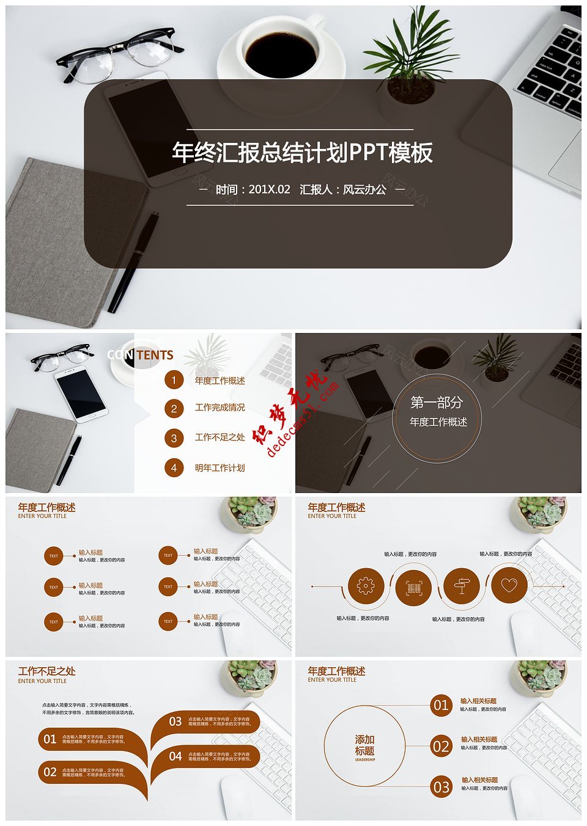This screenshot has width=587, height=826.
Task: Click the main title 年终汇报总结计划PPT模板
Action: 302,153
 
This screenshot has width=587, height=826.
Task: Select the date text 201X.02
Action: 269,189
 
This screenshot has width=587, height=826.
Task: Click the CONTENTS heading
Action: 140,355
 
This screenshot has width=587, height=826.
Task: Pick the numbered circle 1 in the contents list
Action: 174,381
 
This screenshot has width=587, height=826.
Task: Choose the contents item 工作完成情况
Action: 220,408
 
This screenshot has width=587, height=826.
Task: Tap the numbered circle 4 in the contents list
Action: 174,468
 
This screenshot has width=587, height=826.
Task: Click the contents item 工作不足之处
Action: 220,437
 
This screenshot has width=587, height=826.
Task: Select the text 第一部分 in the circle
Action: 437,403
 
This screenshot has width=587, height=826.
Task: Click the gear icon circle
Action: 366,587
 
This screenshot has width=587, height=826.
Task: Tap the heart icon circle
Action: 509,585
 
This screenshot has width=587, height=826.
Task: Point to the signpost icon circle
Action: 461,587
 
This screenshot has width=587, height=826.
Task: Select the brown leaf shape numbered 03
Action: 205,722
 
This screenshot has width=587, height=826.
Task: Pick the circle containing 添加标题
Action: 364,746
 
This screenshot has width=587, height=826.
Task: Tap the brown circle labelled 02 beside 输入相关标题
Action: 441,747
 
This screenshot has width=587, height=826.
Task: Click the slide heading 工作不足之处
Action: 47,671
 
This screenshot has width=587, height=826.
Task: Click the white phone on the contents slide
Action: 81,395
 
